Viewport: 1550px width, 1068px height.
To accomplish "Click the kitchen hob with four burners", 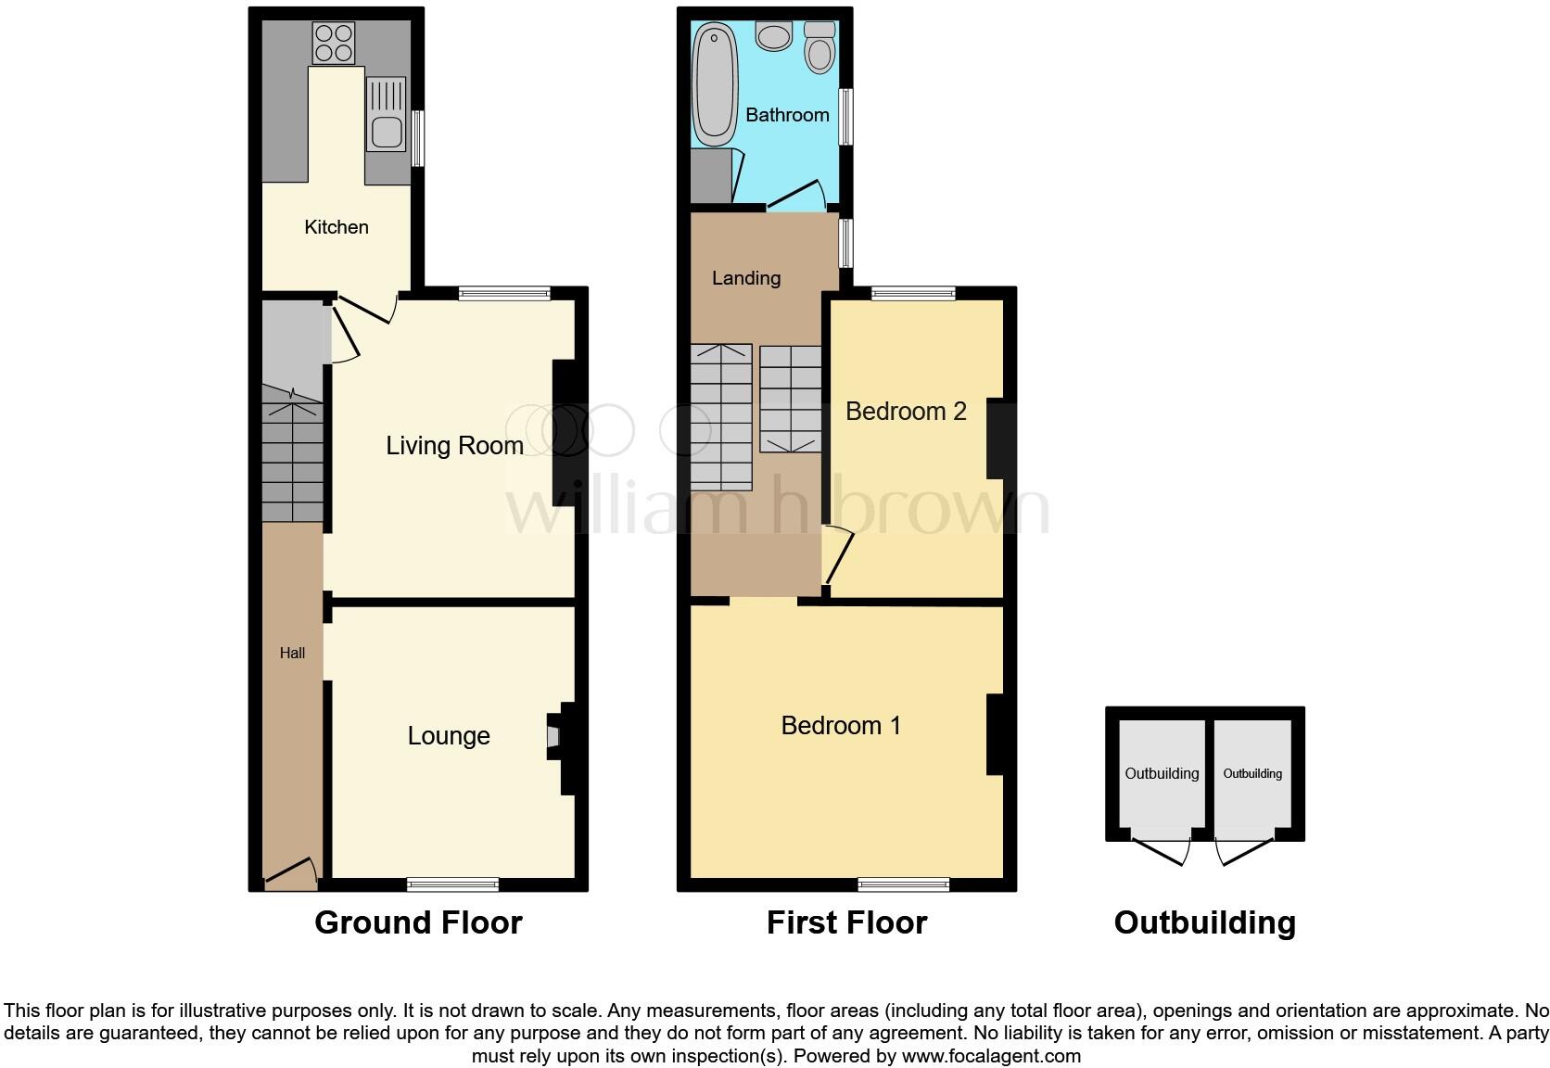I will point(335,42).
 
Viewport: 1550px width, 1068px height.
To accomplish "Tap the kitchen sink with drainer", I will point(386,114).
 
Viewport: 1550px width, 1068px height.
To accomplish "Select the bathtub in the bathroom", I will point(714,83).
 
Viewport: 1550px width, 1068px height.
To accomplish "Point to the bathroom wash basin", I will point(772,36).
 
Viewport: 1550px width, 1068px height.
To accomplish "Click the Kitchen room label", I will point(337,227).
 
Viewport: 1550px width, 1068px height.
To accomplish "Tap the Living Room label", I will point(454,446).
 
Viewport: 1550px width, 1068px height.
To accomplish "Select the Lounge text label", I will point(449,736).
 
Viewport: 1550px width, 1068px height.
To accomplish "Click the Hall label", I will point(292,653).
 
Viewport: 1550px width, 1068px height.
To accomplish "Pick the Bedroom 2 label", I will point(906,411).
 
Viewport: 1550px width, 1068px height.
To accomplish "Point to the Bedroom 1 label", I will point(841,725).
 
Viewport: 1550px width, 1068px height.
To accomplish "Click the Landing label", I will point(745,278).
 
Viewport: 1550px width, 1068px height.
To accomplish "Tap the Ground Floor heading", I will point(418,922).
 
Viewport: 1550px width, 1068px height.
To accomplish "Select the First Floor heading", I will point(846,922).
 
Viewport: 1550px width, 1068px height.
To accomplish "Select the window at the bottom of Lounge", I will point(452,884).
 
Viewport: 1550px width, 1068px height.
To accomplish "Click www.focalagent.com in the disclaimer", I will point(991,1056).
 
